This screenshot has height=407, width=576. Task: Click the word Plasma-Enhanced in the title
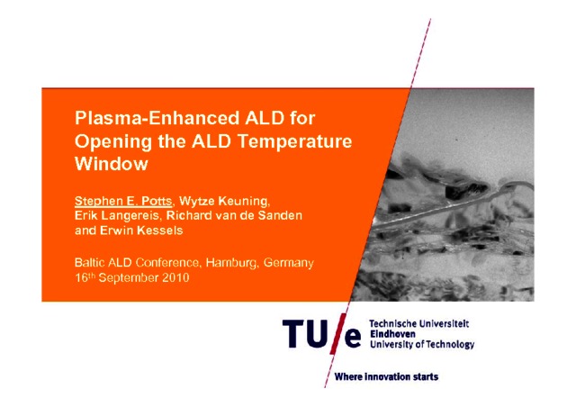[x=157, y=118]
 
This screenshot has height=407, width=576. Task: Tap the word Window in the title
[x=112, y=164]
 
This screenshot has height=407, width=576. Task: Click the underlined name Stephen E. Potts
[x=123, y=201]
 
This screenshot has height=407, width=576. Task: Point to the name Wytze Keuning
[x=224, y=201]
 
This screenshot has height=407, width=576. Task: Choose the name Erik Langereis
[x=117, y=215]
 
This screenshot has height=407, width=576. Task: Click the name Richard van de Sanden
[x=234, y=215]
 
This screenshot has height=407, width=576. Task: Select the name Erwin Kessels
[x=141, y=231]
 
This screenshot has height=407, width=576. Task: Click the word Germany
[x=289, y=263]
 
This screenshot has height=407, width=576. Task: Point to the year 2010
[x=175, y=277]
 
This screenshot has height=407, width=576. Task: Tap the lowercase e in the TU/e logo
[x=353, y=338]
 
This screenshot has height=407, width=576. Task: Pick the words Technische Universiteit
[x=419, y=323]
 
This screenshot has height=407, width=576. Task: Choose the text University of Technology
[x=422, y=345]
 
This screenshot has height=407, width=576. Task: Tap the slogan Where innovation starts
[x=386, y=377]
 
